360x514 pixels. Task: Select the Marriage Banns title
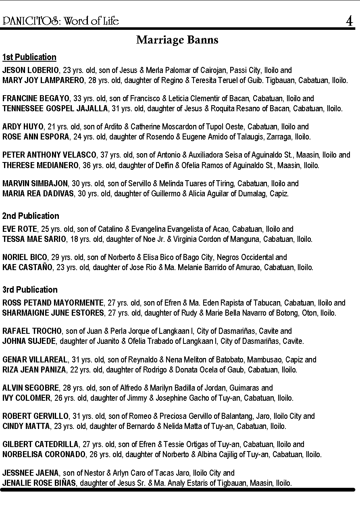point(177,40)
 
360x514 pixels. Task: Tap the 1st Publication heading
point(29,57)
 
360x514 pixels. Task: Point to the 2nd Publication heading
point(31,216)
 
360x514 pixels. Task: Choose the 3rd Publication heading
point(30,289)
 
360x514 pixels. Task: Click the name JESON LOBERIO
point(30,70)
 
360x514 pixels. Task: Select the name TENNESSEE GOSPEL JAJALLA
point(55,108)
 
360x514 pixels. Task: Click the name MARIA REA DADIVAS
point(38,194)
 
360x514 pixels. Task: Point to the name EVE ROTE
point(19,229)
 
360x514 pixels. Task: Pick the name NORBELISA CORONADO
point(44,454)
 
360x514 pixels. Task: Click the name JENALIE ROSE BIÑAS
point(39,483)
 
